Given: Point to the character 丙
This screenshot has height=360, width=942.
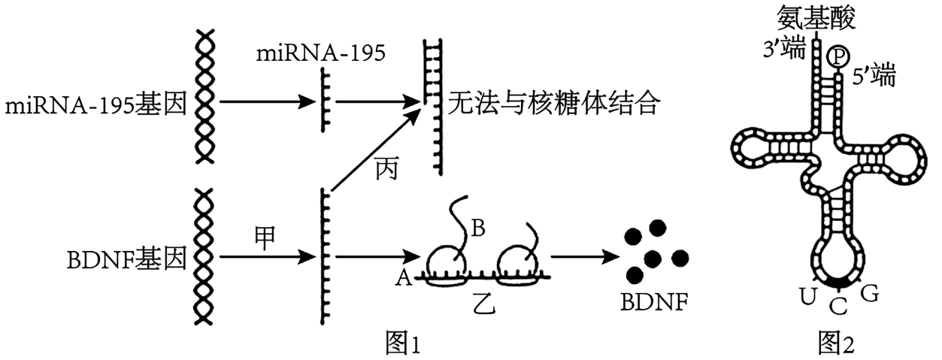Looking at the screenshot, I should (x=388, y=171).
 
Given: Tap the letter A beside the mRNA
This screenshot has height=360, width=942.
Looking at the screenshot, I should (x=403, y=279).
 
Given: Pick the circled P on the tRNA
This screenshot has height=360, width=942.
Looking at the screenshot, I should (x=836, y=56).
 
